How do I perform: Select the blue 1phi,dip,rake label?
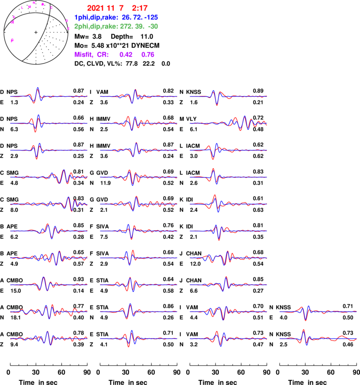click(x=96, y=18)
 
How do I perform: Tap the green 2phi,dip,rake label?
click(x=96, y=27)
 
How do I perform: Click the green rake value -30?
click(x=153, y=27)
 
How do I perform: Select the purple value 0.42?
click(x=126, y=54)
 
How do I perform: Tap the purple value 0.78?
click(x=148, y=54)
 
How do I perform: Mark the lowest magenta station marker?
click(x=12, y=40)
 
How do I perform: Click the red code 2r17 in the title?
click(x=139, y=8)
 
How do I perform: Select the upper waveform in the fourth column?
click(x=318, y=311)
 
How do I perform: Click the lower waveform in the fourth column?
click(x=318, y=338)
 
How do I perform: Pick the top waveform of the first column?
click(x=49, y=96)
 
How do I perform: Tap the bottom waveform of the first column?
click(x=49, y=338)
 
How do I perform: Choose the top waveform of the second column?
click(x=139, y=96)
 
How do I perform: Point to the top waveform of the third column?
click(x=228, y=96)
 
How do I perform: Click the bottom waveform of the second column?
click(x=139, y=338)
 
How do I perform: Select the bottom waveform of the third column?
click(x=228, y=338)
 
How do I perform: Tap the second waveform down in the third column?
click(x=228, y=123)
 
